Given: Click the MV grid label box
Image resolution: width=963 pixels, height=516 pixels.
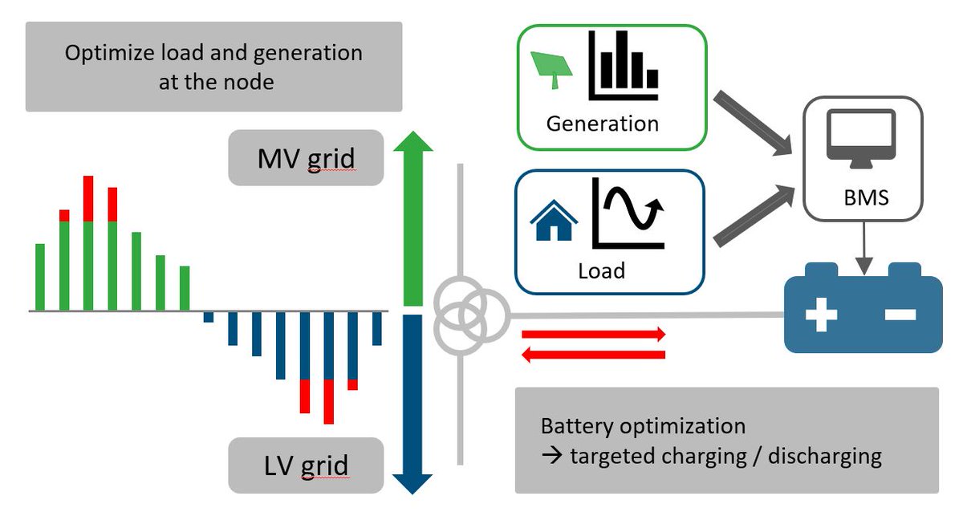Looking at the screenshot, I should click(x=305, y=158).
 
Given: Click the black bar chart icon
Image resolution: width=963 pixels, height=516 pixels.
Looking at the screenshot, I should click(x=624, y=67).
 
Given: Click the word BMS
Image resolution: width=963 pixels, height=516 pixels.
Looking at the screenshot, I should click(x=862, y=197).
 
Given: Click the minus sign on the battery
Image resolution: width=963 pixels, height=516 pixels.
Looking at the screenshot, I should click(x=900, y=315).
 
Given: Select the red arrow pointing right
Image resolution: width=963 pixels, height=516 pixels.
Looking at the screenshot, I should click(x=594, y=334).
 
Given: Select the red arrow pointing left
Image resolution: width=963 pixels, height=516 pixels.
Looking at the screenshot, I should click(x=594, y=354).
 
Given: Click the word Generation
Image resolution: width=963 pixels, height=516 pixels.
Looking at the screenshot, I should click(x=602, y=124).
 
